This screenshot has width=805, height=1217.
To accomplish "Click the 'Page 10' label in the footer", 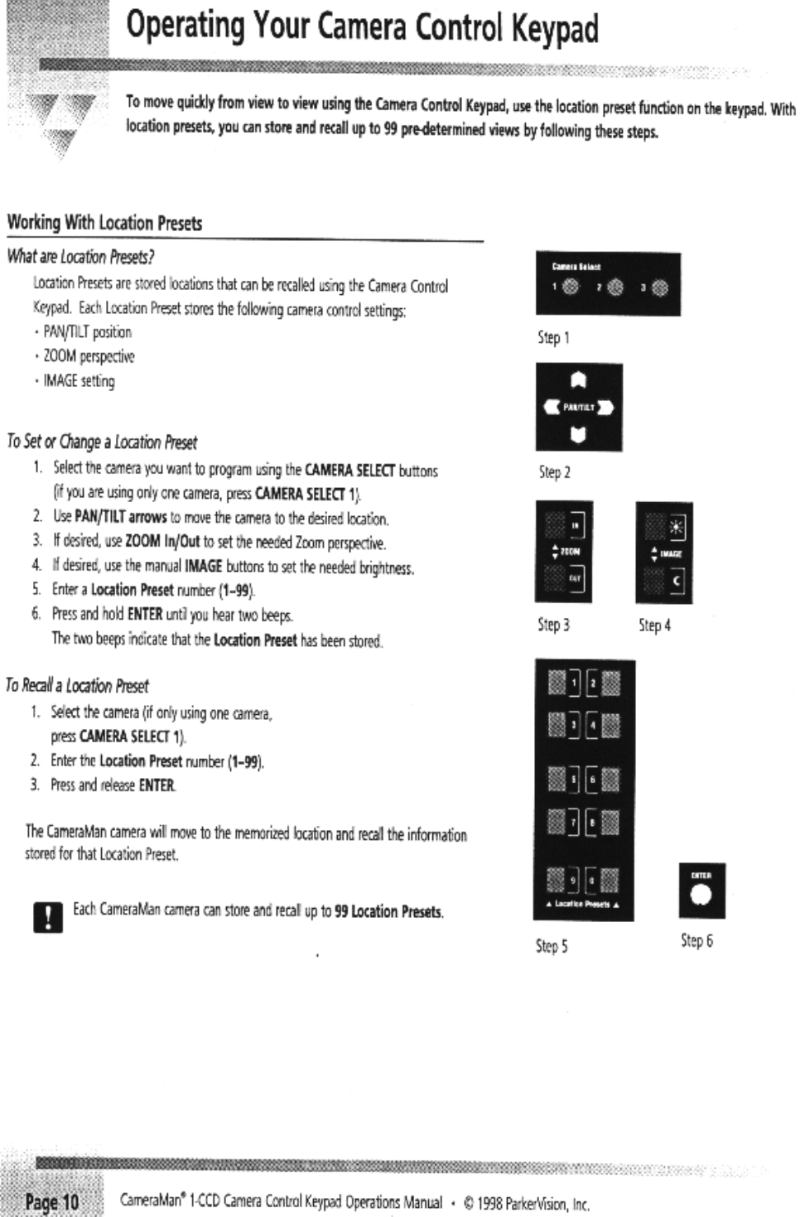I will click(51, 1200).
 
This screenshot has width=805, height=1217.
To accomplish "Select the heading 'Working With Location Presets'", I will click(104, 223).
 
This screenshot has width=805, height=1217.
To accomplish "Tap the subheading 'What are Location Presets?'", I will click(81, 257).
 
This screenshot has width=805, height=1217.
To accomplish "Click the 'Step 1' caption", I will click(553, 337).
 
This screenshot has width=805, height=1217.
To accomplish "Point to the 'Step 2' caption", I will click(554, 472).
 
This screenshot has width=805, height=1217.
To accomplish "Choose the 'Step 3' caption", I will click(553, 625).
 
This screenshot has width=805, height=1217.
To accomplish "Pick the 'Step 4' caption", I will click(654, 625).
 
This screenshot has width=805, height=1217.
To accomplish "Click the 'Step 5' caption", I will click(552, 945).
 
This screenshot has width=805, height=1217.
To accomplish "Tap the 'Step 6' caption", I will click(697, 940).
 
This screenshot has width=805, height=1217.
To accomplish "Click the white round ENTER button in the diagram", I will click(701, 896).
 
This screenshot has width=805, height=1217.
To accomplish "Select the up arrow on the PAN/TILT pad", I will click(579, 380).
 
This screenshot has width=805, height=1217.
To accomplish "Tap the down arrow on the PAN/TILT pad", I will click(579, 434).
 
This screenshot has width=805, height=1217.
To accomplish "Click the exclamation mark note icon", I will click(47, 917).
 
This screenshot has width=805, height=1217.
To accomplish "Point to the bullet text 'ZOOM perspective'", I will click(89, 356).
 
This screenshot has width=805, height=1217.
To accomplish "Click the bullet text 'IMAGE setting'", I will click(80, 381).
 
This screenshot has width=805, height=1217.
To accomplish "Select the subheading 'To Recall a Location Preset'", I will click(77, 685).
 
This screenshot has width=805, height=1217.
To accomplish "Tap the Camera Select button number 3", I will click(659, 287).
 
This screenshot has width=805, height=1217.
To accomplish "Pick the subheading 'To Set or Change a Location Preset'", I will click(102, 442).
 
